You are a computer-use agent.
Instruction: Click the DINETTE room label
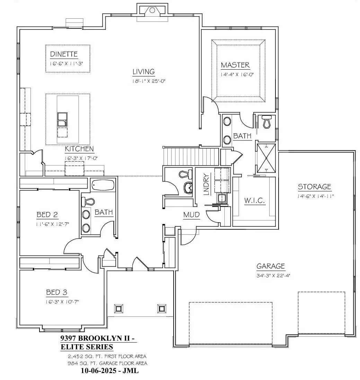click(64, 54)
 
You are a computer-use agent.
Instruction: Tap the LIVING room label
click(143, 71)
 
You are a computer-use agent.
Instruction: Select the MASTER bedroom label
click(235, 65)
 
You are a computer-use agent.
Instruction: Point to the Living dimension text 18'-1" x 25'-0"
click(149, 81)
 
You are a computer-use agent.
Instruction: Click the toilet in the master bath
click(267, 121)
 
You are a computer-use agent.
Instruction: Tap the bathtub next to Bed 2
click(103, 185)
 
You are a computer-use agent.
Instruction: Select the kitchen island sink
click(62, 120)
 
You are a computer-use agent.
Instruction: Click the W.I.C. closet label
click(254, 200)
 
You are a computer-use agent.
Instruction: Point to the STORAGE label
click(314, 187)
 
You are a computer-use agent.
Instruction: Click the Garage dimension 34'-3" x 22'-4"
click(273, 276)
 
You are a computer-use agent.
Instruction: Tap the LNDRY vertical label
click(207, 184)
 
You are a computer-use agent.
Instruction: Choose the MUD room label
click(191, 215)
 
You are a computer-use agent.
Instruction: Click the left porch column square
click(118, 309)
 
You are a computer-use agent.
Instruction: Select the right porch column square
click(161, 309)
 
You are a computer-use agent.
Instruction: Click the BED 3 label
click(57, 292)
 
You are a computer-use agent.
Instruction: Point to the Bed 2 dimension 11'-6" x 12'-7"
click(53, 224)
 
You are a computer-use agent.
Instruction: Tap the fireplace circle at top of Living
click(152, 10)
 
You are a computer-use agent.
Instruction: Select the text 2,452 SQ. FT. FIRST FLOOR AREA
click(107, 356)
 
